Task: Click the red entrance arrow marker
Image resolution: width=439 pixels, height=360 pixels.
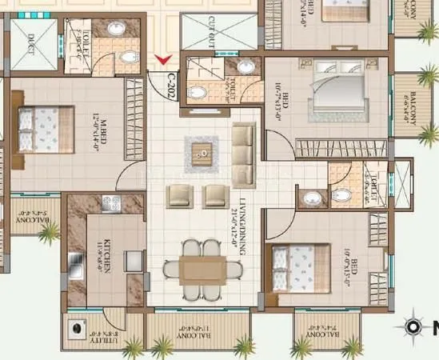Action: (x=164, y=59)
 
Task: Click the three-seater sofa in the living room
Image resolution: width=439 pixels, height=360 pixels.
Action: (x=243, y=150)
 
